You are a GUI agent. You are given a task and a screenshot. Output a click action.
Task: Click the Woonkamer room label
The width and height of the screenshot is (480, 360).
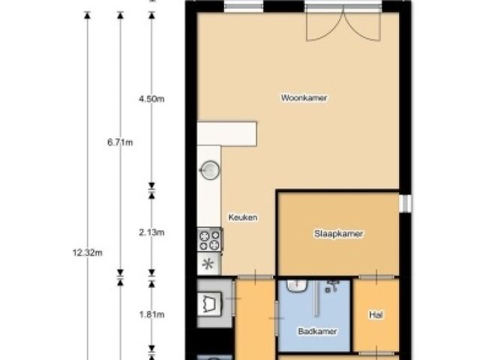(304, 98)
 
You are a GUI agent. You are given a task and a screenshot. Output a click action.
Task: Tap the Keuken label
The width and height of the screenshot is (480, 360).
(243, 217)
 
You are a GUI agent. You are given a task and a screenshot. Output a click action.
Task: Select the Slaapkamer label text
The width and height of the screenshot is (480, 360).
(338, 233)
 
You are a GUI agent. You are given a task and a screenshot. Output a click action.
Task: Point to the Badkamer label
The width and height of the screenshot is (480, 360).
(317, 331)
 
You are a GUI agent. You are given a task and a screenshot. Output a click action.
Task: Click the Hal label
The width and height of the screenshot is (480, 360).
(376, 315)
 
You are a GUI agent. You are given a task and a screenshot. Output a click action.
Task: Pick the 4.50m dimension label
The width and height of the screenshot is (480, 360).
(151, 99)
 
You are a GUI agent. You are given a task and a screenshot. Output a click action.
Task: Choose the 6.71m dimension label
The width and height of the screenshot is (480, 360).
(120, 142)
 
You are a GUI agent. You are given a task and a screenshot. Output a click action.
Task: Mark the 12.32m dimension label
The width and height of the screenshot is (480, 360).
(88, 253)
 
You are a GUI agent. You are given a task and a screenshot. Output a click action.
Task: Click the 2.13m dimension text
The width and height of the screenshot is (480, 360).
(151, 232)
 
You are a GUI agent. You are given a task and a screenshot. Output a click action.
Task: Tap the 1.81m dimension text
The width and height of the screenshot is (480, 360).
(151, 314)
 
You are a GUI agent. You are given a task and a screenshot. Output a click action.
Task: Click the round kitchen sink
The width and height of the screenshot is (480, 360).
(210, 169)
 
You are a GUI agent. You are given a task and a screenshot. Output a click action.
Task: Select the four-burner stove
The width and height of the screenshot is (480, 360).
(210, 240)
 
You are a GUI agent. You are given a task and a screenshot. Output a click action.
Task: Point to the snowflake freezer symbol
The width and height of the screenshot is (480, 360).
(208, 263)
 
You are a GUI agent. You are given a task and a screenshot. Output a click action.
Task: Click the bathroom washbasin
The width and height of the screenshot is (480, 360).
(297, 286)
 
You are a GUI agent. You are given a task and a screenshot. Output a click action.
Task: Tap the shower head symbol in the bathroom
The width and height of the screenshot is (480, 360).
(331, 286)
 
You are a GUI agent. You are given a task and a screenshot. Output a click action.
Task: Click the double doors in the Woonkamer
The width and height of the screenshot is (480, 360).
(344, 24)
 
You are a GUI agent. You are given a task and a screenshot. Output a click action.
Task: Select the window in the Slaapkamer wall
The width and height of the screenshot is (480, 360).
(405, 203)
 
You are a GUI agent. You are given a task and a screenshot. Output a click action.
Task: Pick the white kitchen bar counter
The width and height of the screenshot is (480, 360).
(226, 133)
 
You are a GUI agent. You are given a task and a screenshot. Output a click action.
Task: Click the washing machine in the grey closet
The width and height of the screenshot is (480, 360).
(209, 304)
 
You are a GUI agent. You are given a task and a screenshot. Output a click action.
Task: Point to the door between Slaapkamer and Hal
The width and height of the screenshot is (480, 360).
(376, 277)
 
